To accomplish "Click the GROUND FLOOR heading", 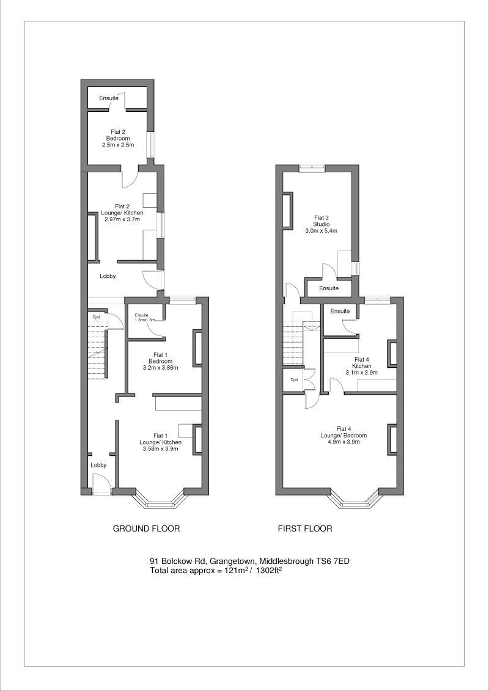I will click(x=146, y=528).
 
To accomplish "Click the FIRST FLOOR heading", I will click(x=305, y=528).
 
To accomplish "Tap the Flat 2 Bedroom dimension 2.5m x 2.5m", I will click(x=117, y=145).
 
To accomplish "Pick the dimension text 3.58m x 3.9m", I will click(x=160, y=449).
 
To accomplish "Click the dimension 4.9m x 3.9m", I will click(x=343, y=441).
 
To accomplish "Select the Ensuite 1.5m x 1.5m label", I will click(x=144, y=317).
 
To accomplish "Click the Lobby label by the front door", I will click(x=98, y=465).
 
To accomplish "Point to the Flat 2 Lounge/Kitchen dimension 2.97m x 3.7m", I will click(x=122, y=219).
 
